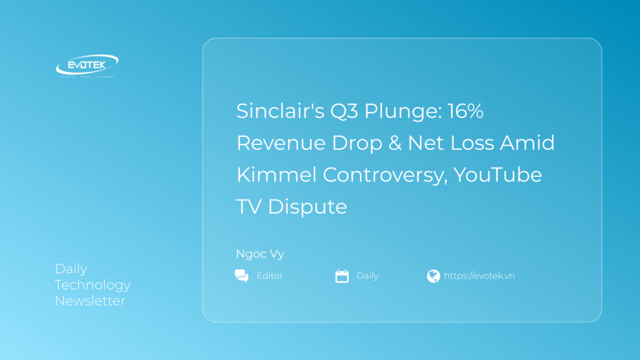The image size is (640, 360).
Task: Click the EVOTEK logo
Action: pos(87,66)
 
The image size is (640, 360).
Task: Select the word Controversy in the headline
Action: pos(384,174)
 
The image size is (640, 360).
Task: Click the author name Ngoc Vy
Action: pos(260,254)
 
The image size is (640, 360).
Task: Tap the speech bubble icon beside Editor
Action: pos(241,276)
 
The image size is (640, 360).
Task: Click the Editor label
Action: pos(269,276)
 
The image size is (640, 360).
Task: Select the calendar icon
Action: pos(342,276)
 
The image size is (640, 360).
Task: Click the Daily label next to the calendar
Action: pos(367,276)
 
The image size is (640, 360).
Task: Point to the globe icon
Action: pos(433,276)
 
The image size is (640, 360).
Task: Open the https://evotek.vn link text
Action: pos(479,276)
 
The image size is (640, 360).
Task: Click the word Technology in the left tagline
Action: pos(92,285)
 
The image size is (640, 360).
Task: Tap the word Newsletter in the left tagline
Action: pos(90,301)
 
